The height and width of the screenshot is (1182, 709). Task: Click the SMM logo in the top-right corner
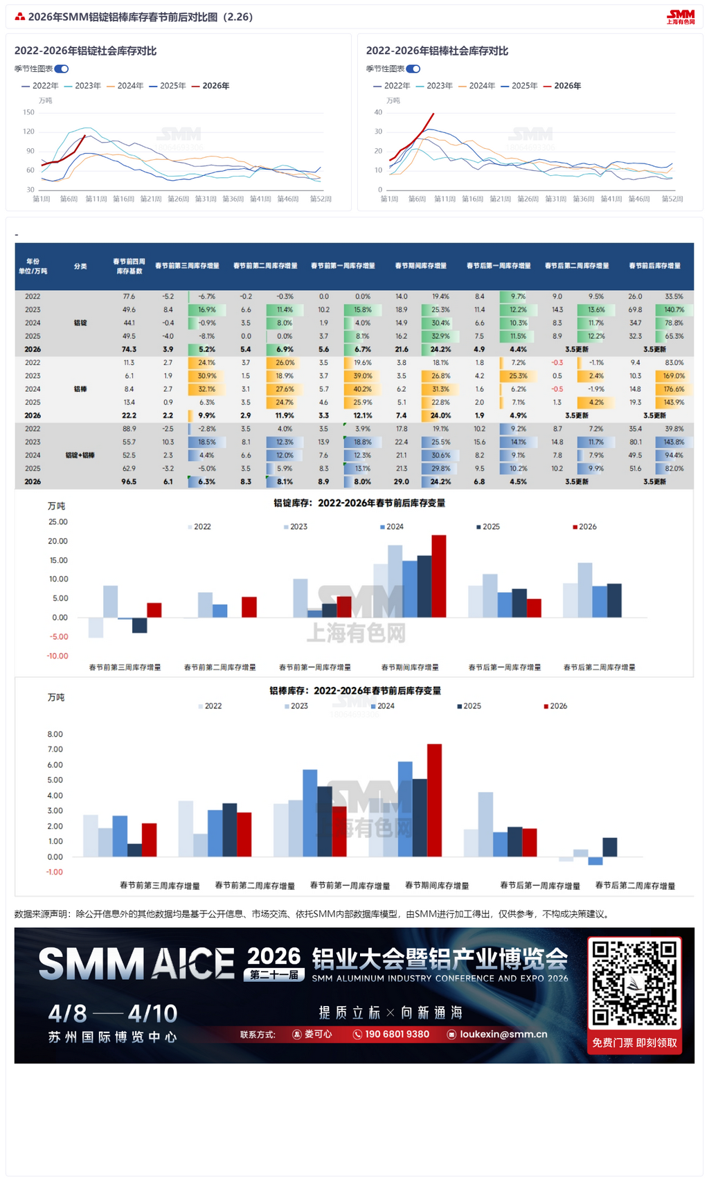click(681, 17)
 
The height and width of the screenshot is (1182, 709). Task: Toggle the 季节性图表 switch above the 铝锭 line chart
click(62, 69)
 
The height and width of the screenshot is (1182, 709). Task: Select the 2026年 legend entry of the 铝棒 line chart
click(563, 86)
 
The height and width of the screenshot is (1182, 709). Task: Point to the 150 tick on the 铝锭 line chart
click(28, 112)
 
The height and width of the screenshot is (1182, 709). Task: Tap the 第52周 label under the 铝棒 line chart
click(672, 199)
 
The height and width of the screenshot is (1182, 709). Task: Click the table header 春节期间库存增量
click(421, 266)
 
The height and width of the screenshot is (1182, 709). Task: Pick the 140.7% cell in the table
click(674, 310)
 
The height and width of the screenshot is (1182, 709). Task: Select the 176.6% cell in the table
click(674, 389)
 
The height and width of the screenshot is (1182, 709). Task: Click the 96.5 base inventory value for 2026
click(129, 481)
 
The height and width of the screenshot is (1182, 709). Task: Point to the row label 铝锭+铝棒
click(80, 455)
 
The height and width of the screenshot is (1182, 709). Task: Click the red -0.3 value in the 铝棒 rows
click(557, 362)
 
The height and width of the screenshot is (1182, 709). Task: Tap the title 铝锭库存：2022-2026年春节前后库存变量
click(359, 503)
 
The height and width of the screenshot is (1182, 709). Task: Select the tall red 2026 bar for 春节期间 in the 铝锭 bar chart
click(438, 575)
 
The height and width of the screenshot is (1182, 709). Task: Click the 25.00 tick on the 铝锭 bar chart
click(58, 522)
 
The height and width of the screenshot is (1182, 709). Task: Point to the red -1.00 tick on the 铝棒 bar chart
click(55, 872)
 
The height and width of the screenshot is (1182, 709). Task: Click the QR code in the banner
click(634, 983)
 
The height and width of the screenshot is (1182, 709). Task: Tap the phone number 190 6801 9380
click(396, 1034)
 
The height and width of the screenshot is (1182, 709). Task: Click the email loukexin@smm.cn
click(503, 1034)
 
